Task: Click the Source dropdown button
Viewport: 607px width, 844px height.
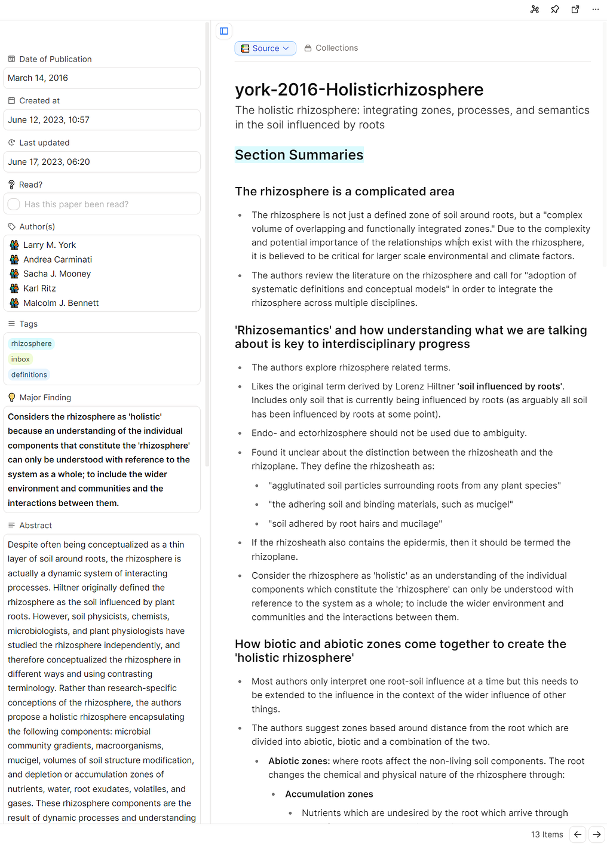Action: [265, 48]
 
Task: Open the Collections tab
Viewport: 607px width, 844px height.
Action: [332, 48]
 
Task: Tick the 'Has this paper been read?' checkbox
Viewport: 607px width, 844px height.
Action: [14, 204]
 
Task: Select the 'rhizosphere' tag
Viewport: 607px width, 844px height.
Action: [32, 344]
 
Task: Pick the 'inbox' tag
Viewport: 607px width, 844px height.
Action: [20, 360]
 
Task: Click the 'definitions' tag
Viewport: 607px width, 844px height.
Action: [29, 375]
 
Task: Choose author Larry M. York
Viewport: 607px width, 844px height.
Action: [50, 245]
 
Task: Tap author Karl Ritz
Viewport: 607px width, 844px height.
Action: [39, 289]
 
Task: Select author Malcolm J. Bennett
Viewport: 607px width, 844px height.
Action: [61, 303]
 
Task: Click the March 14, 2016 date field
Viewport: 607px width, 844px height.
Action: [102, 78]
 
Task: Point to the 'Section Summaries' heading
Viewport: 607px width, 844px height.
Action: [299, 155]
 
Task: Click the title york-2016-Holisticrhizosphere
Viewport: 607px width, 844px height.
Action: [359, 90]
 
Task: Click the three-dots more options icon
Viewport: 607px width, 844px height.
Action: [596, 10]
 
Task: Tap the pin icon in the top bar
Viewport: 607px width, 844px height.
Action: [555, 10]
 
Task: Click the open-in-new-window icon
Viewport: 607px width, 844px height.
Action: [575, 10]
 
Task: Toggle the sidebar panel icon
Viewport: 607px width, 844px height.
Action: [224, 31]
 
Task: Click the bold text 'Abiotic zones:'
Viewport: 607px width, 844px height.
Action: [299, 761]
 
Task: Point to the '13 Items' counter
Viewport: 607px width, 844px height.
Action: [547, 834]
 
